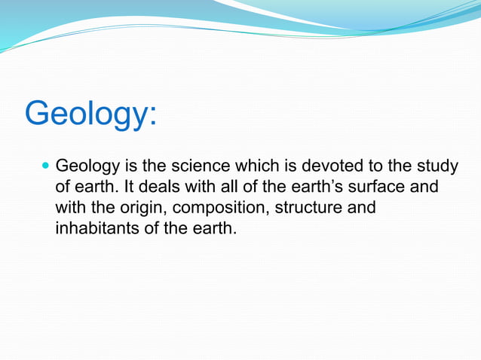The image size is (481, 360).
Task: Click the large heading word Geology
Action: [x=86, y=114]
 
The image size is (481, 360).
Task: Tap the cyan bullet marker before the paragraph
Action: [x=44, y=165]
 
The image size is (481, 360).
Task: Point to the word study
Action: [x=437, y=165]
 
